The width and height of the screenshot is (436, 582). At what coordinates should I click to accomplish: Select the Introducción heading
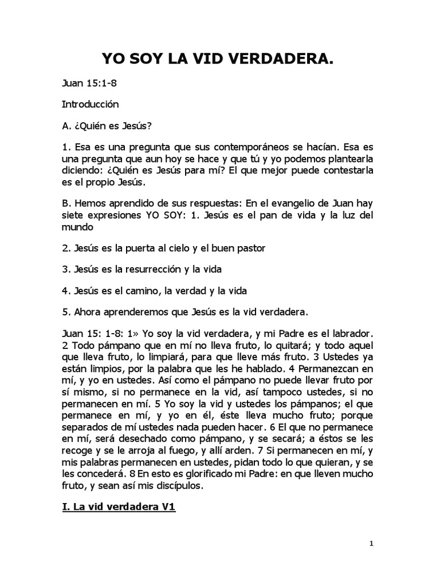tap(90, 105)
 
